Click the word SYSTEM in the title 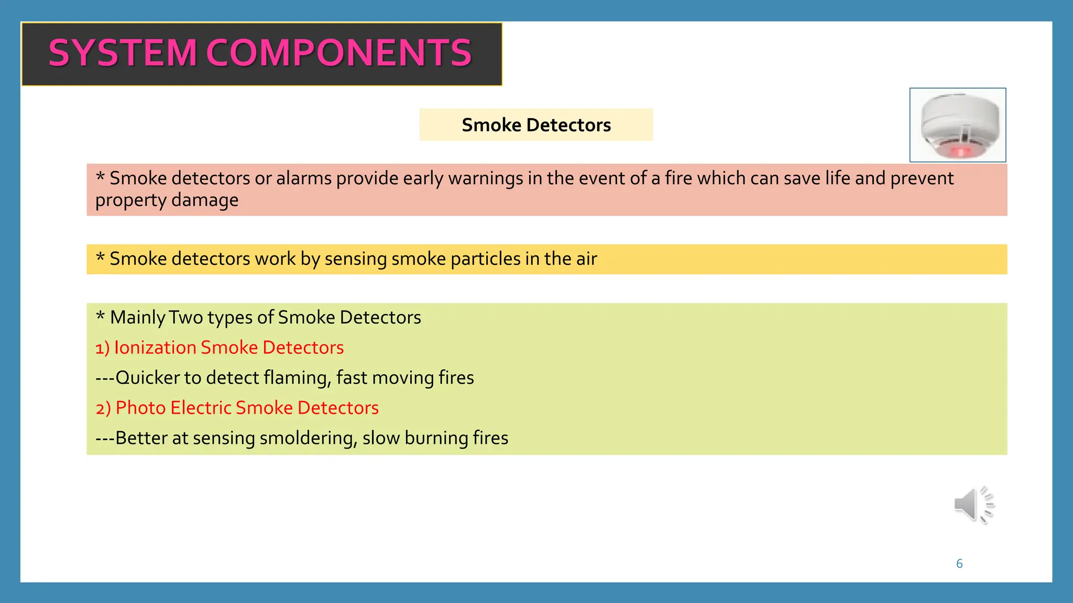point(123,53)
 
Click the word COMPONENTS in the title point(339,53)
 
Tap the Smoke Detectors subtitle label point(536,125)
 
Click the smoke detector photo point(957,125)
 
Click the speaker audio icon point(973,505)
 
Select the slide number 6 point(959,564)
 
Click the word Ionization point(155,348)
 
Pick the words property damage point(167,200)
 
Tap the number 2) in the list point(103,408)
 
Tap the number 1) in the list point(102,348)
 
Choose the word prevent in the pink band point(922,178)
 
